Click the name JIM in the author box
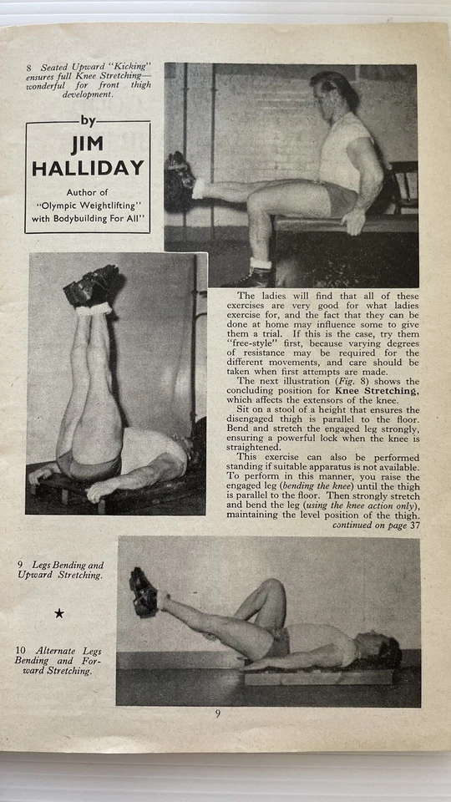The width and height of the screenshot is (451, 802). [88, 145]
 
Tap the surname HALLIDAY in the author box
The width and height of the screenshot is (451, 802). [88, 168]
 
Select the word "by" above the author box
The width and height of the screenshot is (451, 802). [87, 120]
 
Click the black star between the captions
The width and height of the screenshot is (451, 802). [59, 613]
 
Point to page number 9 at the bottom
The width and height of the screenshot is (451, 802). [218, 713]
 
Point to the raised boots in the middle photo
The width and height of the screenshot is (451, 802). [93, 287]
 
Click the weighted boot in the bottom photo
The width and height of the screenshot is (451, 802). [143, 591]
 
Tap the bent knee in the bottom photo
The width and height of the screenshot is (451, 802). [270, 589]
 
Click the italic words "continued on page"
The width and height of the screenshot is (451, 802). [367, 525]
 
